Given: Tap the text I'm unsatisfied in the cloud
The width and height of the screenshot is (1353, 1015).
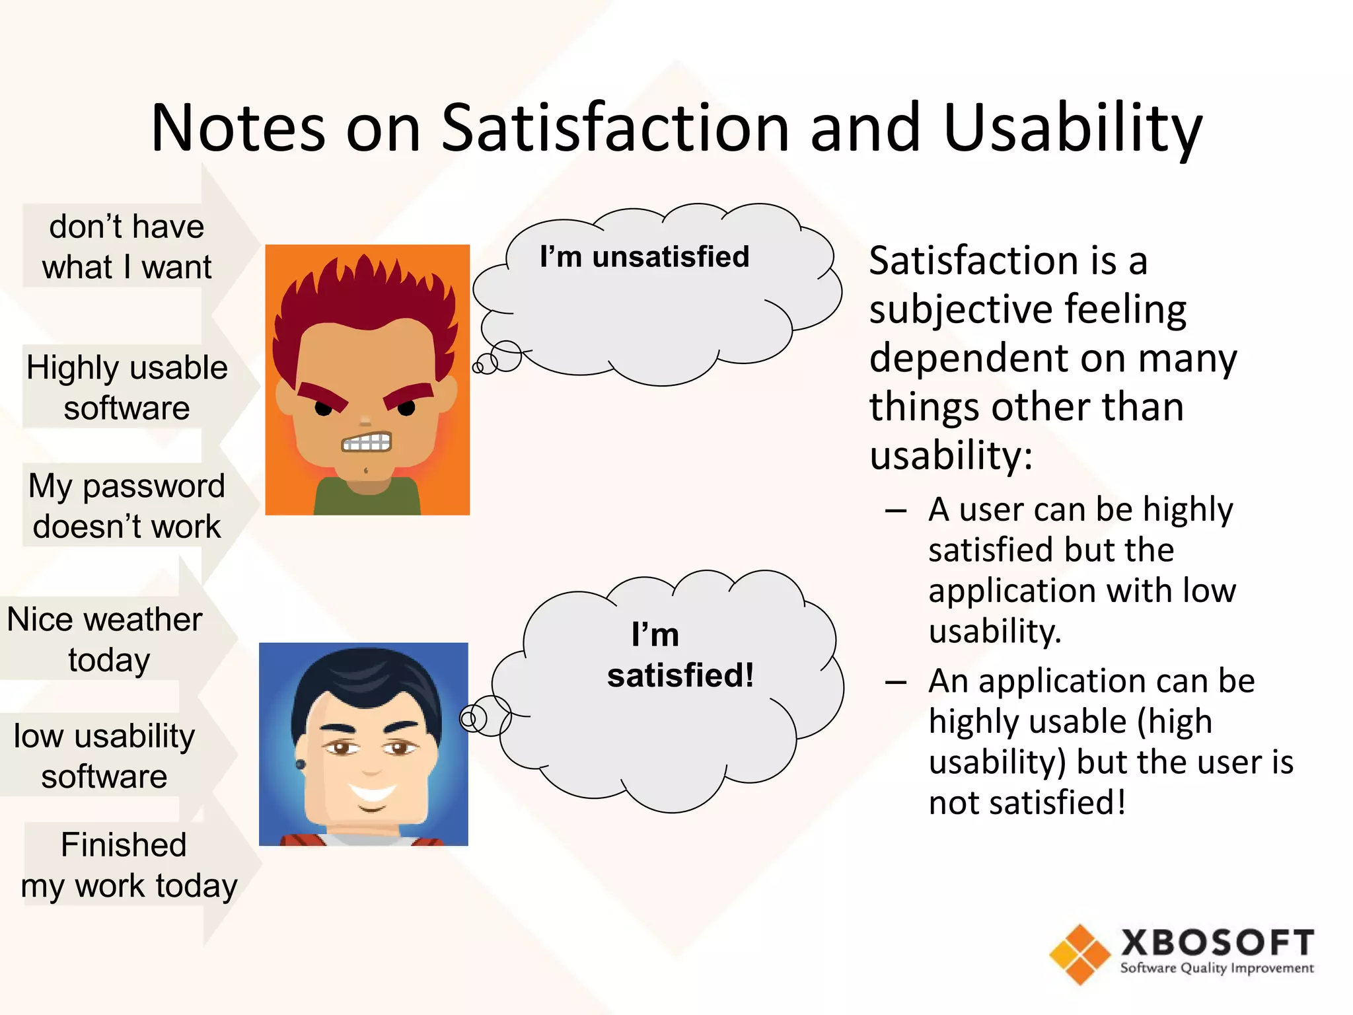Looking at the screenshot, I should pyautogui.click(x=644, y=256).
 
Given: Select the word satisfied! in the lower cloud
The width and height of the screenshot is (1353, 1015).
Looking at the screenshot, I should pyautogui.click(x=680, y=675).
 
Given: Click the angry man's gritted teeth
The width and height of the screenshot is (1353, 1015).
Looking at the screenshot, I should pyautogui.click(x=367, y=442).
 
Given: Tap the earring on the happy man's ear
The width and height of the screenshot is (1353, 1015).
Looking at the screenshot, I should pyautogui.click(x=300, y=765).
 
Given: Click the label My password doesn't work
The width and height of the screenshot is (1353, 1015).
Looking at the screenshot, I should pyautogui.click(x=127, y=506).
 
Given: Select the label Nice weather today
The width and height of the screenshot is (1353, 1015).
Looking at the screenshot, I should pyautogui.click(x=106, y=639).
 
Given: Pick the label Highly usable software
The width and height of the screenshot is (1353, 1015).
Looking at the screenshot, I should pyautogui.click(x=127, y=387).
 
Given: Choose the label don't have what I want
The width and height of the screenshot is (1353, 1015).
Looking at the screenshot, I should pyautogui.click(x=127, y=246).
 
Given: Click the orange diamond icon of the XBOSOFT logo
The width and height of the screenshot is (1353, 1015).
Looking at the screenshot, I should pyautogui.click(x=1079, y=954).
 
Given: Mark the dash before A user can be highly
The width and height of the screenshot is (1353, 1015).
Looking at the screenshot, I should pyautogui.click(x=896, y=511).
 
